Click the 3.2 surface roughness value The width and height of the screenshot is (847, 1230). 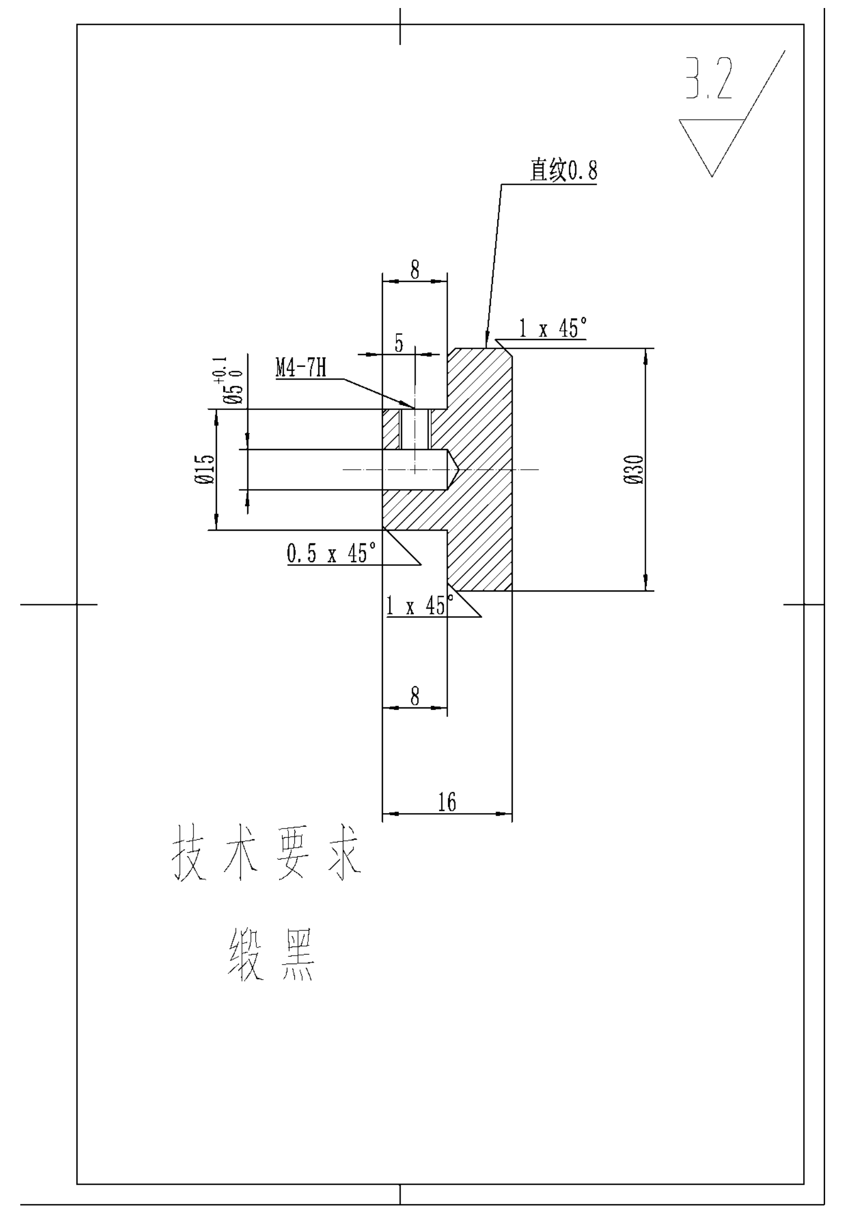point(709,79)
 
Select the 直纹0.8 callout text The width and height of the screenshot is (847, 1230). point(563,170)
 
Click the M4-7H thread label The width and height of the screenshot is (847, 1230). point(301,368)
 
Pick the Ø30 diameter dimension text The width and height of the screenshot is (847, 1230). point(634,469)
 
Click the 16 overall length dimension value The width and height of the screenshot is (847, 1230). point(447,802)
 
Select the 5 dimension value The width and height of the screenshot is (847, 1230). point(399,343)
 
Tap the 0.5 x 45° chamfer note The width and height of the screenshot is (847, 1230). point(332,553)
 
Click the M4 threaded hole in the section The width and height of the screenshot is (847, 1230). point(415,429)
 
